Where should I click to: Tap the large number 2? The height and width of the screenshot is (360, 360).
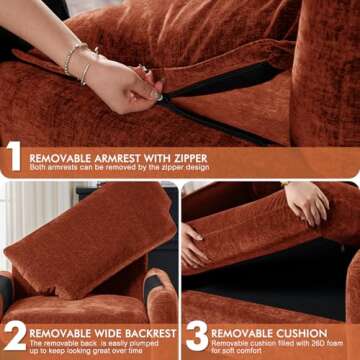point(14,337)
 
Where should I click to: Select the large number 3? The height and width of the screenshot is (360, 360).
point(196,337)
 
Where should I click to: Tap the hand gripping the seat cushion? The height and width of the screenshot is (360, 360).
point(306,201)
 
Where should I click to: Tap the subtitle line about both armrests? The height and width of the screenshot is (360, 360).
point(120,168)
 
